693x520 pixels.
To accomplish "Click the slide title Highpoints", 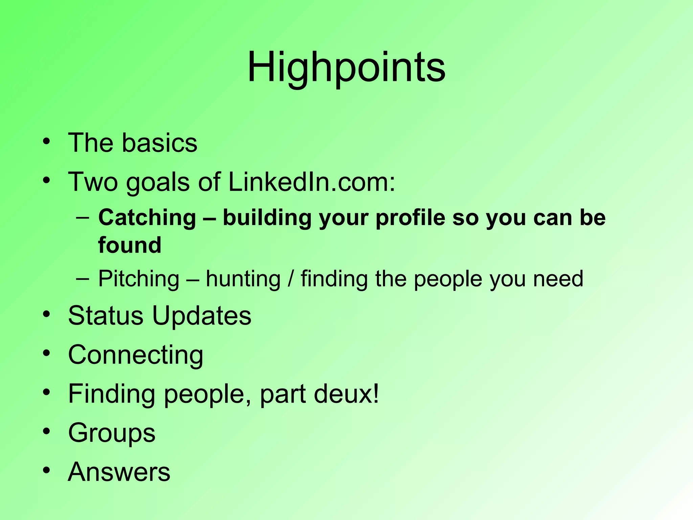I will click(346, 68).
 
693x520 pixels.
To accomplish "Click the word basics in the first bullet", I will click(159, 143).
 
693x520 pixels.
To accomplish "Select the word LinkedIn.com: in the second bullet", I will click(312, 182).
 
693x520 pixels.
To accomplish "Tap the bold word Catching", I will click(147, 217).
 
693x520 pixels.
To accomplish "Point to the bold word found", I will click(130, 245).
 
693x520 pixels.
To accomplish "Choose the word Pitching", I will click(139, 279).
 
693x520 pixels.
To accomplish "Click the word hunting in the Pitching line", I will click(243, 279).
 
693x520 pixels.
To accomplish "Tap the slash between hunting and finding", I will click(290, 279).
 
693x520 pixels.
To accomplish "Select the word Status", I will click(106, 316).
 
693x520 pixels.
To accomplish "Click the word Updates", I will click(202, 316).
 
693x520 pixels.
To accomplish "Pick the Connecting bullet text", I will click(136, 355).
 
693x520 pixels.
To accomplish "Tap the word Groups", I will click(112, 433).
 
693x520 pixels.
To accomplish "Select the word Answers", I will click(119, 472).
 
